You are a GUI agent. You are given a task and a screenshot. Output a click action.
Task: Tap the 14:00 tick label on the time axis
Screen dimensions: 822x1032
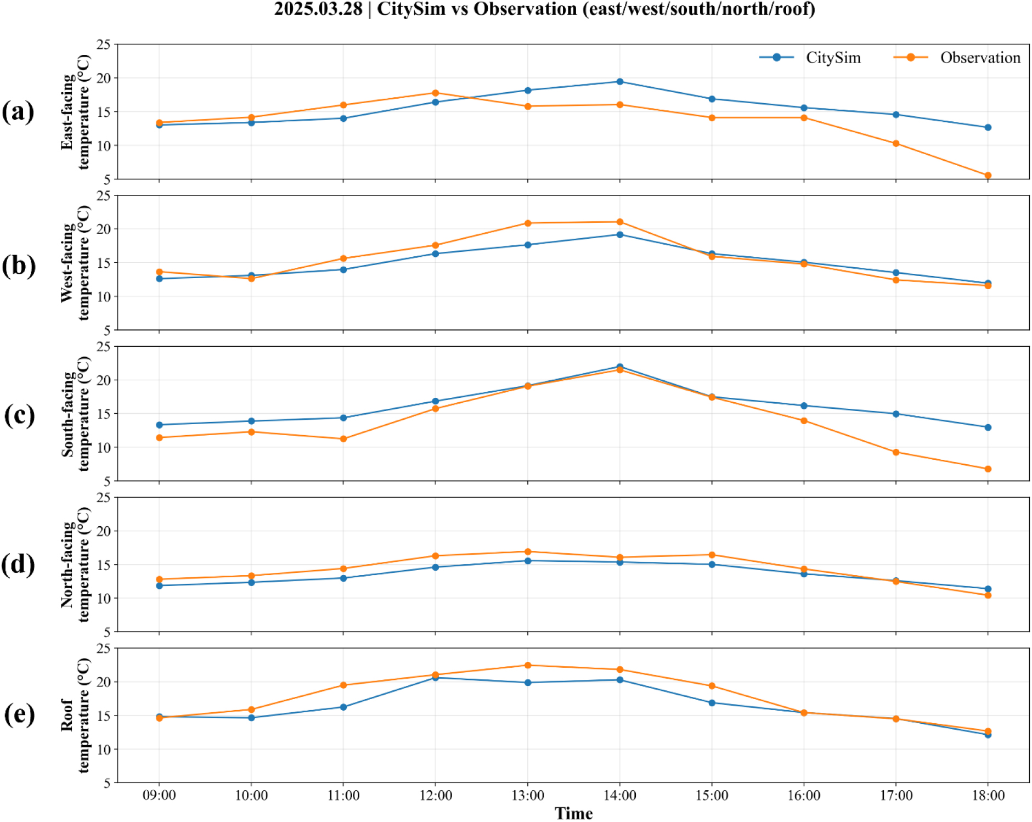(x=619, y=795)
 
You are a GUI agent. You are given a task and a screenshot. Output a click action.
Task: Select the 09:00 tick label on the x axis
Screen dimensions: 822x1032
(x=159, y=795)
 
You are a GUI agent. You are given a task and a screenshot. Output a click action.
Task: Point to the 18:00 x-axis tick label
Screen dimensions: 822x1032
(x=988, y=795)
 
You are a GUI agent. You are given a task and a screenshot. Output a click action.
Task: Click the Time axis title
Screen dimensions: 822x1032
(x=573, y=813)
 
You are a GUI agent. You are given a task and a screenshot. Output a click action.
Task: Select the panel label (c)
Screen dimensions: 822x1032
(x=19, y=415)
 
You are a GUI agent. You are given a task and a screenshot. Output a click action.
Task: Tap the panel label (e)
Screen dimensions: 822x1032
(x=19, y=714)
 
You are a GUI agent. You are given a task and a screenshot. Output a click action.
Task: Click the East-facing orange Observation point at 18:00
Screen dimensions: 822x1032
(x=988, y=176)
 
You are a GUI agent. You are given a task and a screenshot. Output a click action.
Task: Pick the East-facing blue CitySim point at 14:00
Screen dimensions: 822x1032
(x=619, y=82)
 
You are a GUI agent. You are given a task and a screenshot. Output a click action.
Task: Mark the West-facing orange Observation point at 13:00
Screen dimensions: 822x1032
(x=528, y=223)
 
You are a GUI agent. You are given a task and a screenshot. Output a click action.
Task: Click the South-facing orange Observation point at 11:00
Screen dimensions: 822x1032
(x=343, y=439)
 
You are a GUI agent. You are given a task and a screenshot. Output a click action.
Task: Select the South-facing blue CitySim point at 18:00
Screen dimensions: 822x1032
(x=988, y=427)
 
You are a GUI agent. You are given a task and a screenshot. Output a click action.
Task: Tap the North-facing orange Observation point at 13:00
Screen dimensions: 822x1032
(x=528, y=552)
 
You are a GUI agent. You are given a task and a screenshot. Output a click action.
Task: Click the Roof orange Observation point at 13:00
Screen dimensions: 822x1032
(x=528, y=666)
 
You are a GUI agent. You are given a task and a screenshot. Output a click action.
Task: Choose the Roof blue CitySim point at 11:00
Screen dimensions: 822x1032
(x=343, y=707)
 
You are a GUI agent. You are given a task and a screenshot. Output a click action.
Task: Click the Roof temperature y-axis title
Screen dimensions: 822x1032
(x=75, y=715)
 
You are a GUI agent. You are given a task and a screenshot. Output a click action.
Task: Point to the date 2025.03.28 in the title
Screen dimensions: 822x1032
(x=318, y=9)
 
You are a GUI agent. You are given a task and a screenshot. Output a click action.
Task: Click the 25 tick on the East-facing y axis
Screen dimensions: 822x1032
(x=104, y=44)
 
